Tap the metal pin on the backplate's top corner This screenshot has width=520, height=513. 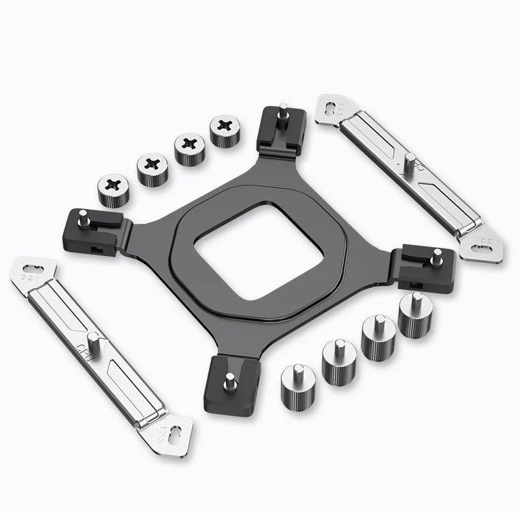283,119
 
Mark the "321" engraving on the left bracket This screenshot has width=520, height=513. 29,275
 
